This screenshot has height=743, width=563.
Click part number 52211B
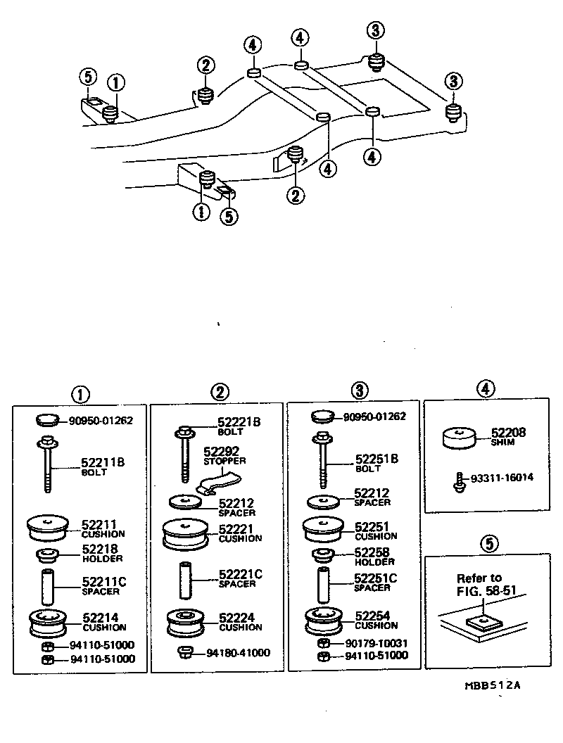pyautogui.click(x=103, y=462)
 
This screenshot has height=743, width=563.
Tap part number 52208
pyautogui.click(x=509, y=432)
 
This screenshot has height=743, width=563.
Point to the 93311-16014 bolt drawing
pyautogui.click(x=458, y=483)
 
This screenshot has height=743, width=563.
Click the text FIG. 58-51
pyautogui.click(x=486, y=591)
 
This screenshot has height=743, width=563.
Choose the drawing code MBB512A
pyautogui.click(x=493, y=685)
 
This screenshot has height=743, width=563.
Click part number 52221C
pyautogui.click(x=240, y=574)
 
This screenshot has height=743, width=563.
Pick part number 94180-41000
pyautogui.click(x=238, y=652)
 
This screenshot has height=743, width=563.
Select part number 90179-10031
pyautogui.click(x=376, y=644)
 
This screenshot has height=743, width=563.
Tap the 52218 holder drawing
pyautogui.click(x=47, y=554)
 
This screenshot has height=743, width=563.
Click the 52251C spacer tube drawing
pyautogui.click(x=324, y=583)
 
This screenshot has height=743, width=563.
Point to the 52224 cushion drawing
pyautogui.click(x=185, y=623)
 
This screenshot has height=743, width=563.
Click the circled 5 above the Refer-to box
pyautogui.click(x=489, y=543)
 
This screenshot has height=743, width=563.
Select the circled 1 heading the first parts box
pyautogui.click(x=80, y=395)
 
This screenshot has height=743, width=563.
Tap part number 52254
pyautogui.click(x=372, y=616)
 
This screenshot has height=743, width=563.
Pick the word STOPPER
pyautogui.click(x=224, y=461)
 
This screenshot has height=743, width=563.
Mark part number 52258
pyautogui.click(x=372, y=552)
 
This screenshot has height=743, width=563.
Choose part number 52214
pyautogui.click(x=101, y=618)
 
